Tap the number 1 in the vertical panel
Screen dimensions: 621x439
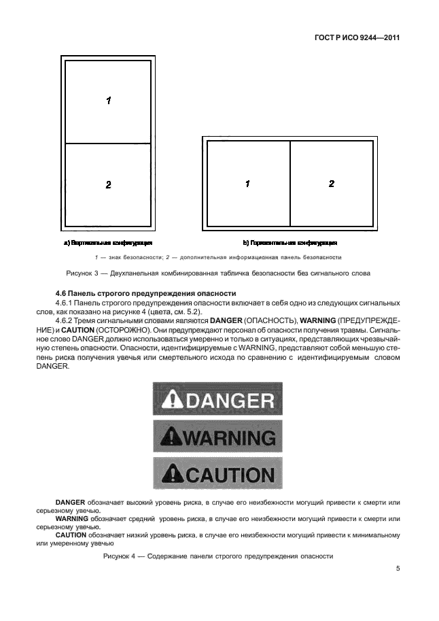[x=108, y=101]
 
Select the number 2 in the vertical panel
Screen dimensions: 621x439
[x=108, y=184]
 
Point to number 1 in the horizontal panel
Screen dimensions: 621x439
[x=248, y=184]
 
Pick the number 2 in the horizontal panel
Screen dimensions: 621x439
[x=332, y=184]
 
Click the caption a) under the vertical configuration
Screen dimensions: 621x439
[x=107, y=242]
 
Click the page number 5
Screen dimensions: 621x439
[x=398, y=569]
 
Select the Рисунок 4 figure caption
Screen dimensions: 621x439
[x=217, y=556]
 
